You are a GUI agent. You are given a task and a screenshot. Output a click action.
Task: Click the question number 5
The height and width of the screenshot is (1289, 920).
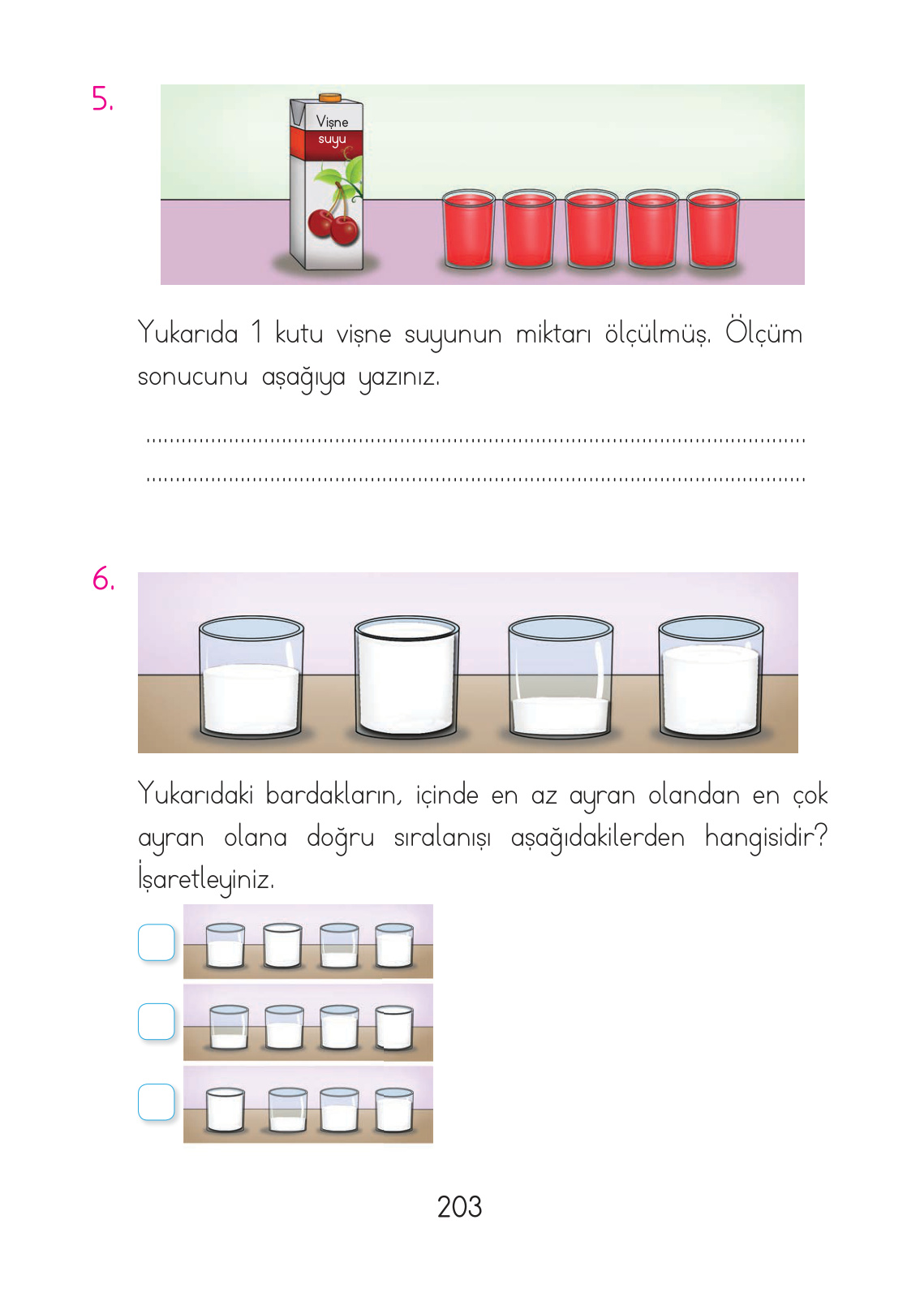click(x=102, y=99)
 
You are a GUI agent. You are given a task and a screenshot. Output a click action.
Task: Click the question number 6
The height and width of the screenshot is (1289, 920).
click(x=103, y=580)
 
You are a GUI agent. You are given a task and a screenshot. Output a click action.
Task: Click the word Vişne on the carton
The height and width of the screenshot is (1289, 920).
click(x=332, y=122)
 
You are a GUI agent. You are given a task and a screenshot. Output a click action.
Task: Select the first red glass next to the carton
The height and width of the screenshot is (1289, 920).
click(x=468, y=230)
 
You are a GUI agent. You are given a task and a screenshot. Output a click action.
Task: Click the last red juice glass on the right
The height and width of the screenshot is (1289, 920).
click(x=713, y=230)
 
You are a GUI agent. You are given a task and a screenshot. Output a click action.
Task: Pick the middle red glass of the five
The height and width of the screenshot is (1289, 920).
click(x=591, y=230)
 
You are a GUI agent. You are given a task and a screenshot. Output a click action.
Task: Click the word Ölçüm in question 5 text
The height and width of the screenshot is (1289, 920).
click(x=763, y=333)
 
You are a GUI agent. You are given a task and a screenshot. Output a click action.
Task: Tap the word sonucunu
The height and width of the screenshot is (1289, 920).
click(x=192, y=377)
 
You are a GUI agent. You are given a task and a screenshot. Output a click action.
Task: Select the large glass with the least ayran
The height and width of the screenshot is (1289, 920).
click(x=560, y=678)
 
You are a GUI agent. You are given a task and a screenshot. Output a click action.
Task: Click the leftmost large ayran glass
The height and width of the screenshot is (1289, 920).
click(x=251, y=678)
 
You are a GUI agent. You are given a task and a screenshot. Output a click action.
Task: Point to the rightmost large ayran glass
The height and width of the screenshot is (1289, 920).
click(x=711, y=678)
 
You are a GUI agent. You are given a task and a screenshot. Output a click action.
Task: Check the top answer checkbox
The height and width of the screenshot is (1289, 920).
click(x=157, y=942)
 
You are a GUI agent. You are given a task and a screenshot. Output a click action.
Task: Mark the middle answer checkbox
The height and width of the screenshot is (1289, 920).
click(x=157, y=1021)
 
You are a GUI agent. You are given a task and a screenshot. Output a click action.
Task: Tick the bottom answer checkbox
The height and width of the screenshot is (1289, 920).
click(x=157, y=1101)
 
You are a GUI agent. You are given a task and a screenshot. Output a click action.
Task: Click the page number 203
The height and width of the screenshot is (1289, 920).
click(x=459, y=1207)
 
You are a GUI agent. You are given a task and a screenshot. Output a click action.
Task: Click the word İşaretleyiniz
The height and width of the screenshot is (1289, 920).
click(x=206, y=879)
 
